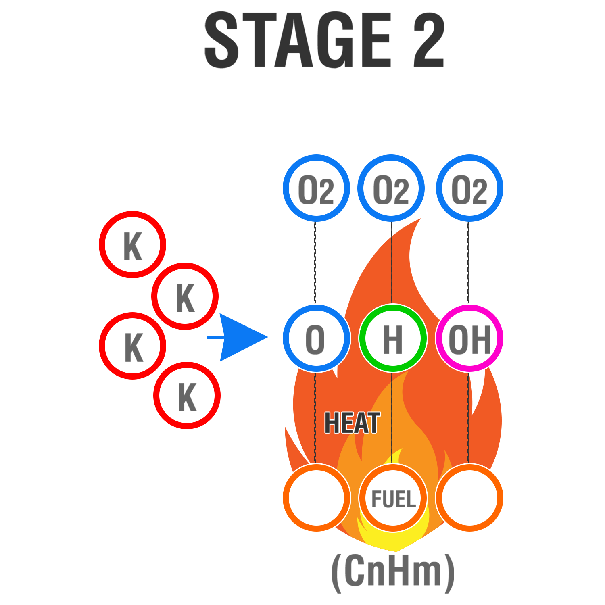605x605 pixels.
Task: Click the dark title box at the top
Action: point(324,40)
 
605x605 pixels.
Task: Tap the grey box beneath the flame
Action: point(392,573)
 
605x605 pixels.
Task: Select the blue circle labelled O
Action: point(316,338)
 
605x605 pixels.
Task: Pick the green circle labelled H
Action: point(393,338)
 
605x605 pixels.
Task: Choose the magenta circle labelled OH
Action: point(469,338)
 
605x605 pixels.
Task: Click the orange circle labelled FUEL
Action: point(393,498)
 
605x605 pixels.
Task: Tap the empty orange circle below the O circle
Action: point(316,498)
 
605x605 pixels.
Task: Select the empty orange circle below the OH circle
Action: point(469,498)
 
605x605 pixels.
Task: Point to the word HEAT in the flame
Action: point(352,423)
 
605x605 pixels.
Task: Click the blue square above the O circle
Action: point(316,188)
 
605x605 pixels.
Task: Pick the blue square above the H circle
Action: point(391,188)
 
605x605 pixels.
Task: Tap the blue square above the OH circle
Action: point(469,188)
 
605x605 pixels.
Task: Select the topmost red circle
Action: point(133,245)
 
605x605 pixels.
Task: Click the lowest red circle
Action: point(187,396)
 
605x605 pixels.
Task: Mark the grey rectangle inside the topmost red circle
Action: point(133,246)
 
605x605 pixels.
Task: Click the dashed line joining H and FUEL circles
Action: point(392,415)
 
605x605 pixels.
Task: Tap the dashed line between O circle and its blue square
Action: point(315,262)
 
